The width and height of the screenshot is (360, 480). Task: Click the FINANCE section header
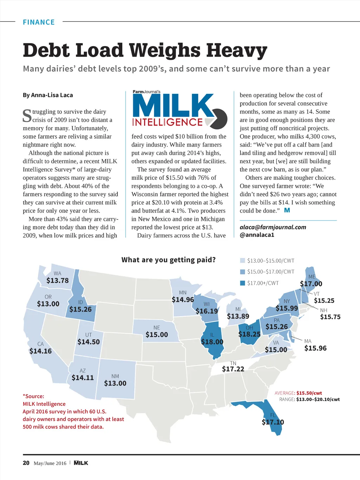(39, 22)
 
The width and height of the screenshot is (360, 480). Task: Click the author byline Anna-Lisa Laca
(52, 95)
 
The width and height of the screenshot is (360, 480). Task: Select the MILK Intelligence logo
(180, 109)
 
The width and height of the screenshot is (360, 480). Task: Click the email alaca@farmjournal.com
(273, 227)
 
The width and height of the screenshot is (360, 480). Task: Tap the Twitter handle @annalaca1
(257, 235)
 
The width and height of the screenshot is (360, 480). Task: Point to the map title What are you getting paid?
(168, 260)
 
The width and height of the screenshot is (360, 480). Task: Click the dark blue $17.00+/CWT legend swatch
(243, 283)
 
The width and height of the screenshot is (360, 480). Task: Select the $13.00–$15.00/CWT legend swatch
(243, 261)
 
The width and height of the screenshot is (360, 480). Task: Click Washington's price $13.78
(58, 281)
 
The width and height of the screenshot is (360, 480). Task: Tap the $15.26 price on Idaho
(80, 309)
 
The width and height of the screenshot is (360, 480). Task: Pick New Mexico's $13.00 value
(115, 383)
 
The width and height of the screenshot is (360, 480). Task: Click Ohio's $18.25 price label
(249, 334)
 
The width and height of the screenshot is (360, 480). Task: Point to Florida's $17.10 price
(273, 422)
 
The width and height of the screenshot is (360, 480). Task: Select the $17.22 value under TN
(233, 369)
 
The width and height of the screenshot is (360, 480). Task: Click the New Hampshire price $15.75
(330, 317)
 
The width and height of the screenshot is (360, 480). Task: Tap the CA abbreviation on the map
(40, 344)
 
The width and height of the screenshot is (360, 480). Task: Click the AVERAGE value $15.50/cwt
(309, 393)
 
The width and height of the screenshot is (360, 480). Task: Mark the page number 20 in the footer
(26, 463)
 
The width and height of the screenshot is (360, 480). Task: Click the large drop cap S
(27, 116)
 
